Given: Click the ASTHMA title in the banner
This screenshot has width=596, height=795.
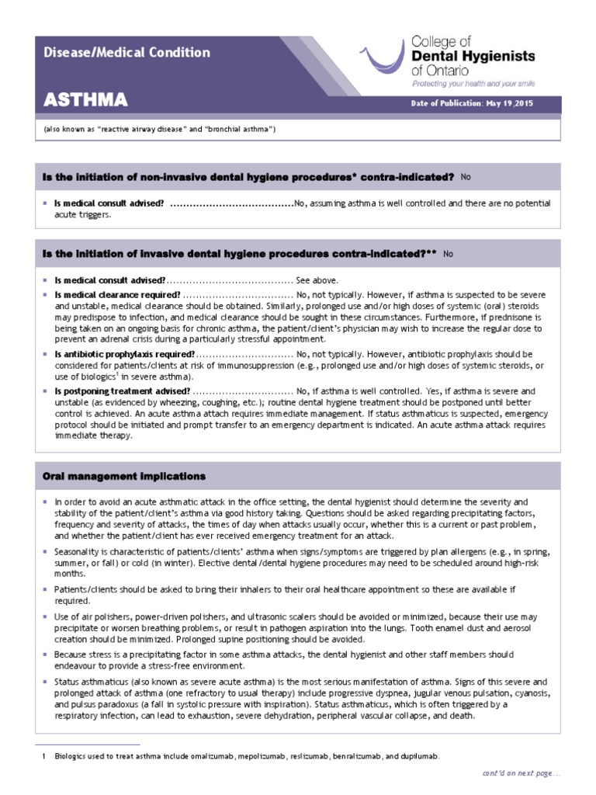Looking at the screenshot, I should (85, 101).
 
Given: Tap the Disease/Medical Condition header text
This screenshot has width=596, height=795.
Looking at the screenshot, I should (126, 53).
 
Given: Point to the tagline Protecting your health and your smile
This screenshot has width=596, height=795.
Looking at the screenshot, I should (473, 83).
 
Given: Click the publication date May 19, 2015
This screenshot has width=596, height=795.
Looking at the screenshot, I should (508, 104).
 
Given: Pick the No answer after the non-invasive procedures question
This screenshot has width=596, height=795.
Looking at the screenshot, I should (466, 177).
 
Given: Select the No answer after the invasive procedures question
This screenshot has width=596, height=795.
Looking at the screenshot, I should (449, 253).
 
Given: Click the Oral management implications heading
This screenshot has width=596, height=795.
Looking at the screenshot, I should (124, 476).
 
